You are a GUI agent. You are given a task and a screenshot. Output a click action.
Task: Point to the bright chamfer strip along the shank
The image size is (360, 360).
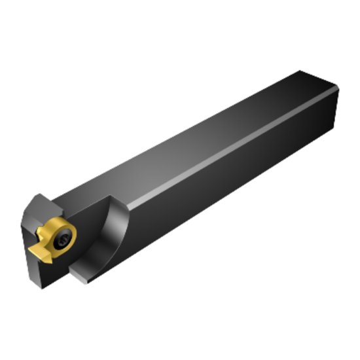tap(229, 148)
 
